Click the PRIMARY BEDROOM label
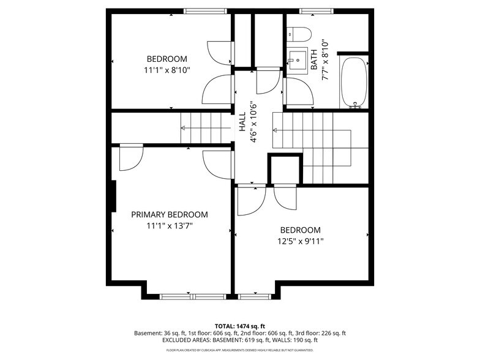coord(170,215)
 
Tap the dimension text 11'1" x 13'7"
coord(170,226)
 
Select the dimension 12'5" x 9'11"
coord(300,241)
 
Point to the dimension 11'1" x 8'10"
coord(167,70)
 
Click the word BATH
coord(314,59)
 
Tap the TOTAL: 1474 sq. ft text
coord(239,326)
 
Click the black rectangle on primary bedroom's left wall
coord(113,196)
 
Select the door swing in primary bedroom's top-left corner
coord(130,158)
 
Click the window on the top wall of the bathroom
coord(317,10)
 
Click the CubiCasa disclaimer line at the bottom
coord(239,350)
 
